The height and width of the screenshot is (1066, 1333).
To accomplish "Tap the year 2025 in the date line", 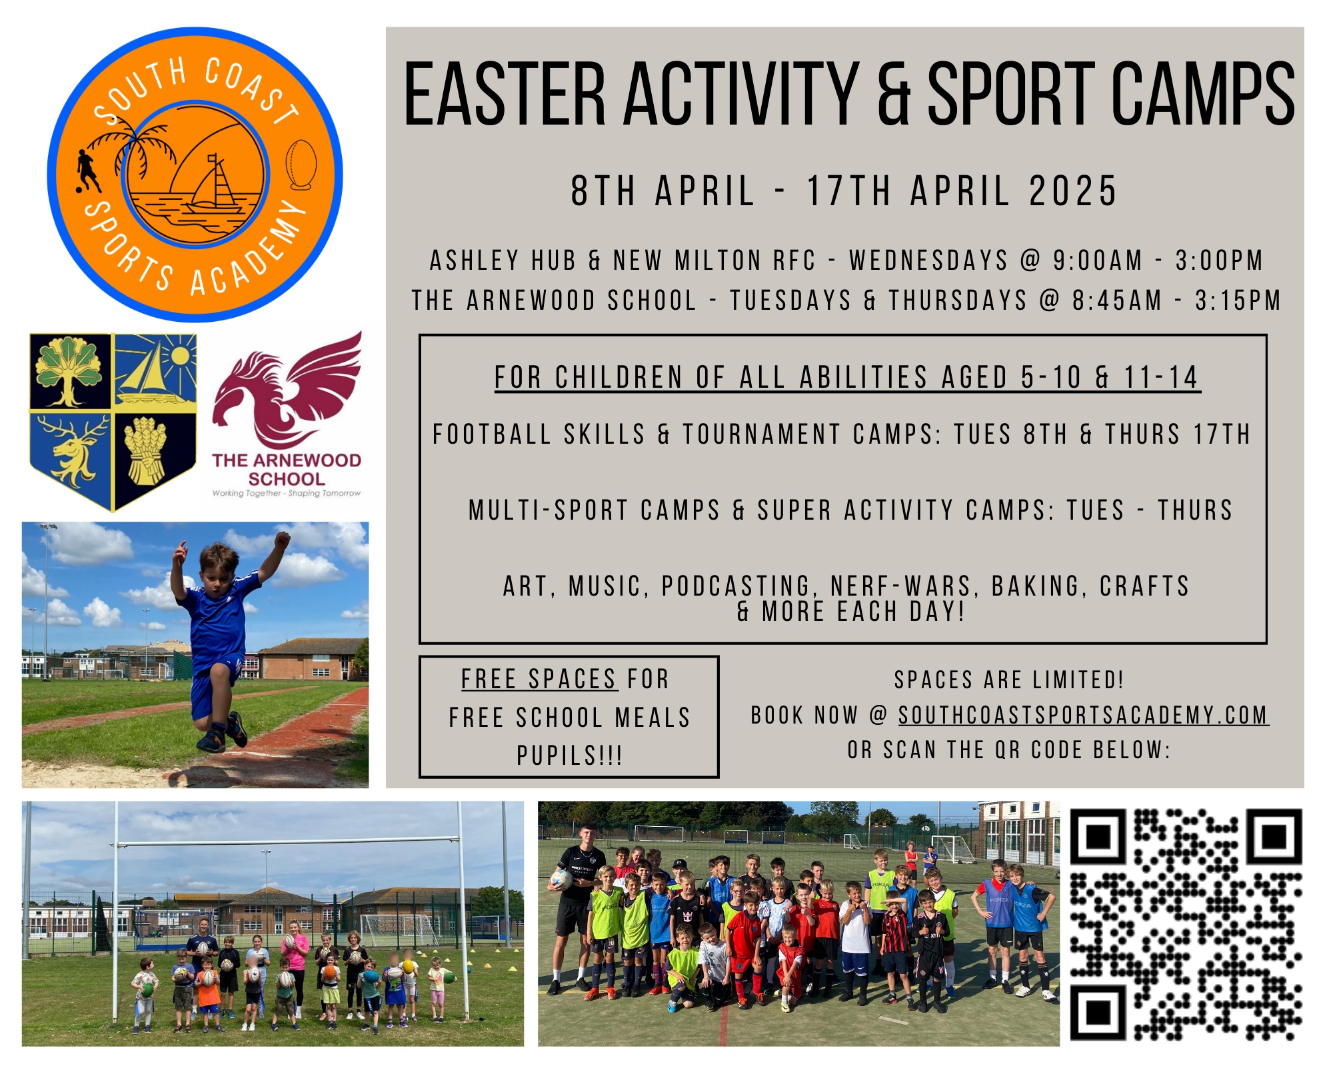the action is (1073, 191).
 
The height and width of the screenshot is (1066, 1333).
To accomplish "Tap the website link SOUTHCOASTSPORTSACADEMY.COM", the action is (1083, 715).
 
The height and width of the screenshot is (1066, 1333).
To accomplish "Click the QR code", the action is (1186, 925).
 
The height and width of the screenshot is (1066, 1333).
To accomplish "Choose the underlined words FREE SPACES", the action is (539, 680).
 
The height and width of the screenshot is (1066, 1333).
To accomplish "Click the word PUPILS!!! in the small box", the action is (570, 756).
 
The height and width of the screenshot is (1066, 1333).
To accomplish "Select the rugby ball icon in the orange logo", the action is (301, 165).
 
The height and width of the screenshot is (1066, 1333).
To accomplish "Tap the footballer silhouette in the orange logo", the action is (87, 171).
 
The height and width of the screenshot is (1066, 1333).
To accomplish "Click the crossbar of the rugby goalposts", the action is (288, 843).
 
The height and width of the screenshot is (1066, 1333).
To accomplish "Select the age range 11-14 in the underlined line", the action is (1162, 377).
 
